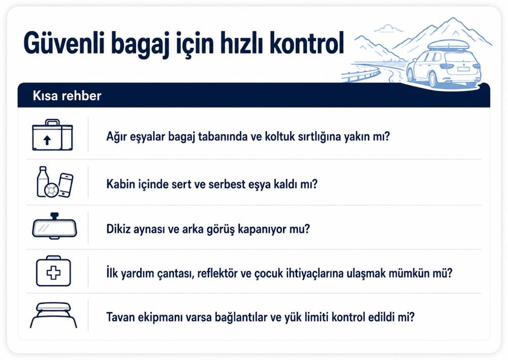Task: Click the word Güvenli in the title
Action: (x=64, y=43)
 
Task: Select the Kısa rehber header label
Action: (x=67, y=96)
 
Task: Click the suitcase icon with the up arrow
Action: (x=52, y=135)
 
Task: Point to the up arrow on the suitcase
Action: (x=47, y=140)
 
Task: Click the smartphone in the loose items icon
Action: (x=66, y=185)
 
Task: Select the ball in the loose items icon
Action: (x=51, y=190)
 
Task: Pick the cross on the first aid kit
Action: (x=53, y=273)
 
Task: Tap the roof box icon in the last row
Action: (x=53, y=315)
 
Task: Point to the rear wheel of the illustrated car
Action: (x=432, y=78)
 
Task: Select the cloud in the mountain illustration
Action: (x=389, y=28)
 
